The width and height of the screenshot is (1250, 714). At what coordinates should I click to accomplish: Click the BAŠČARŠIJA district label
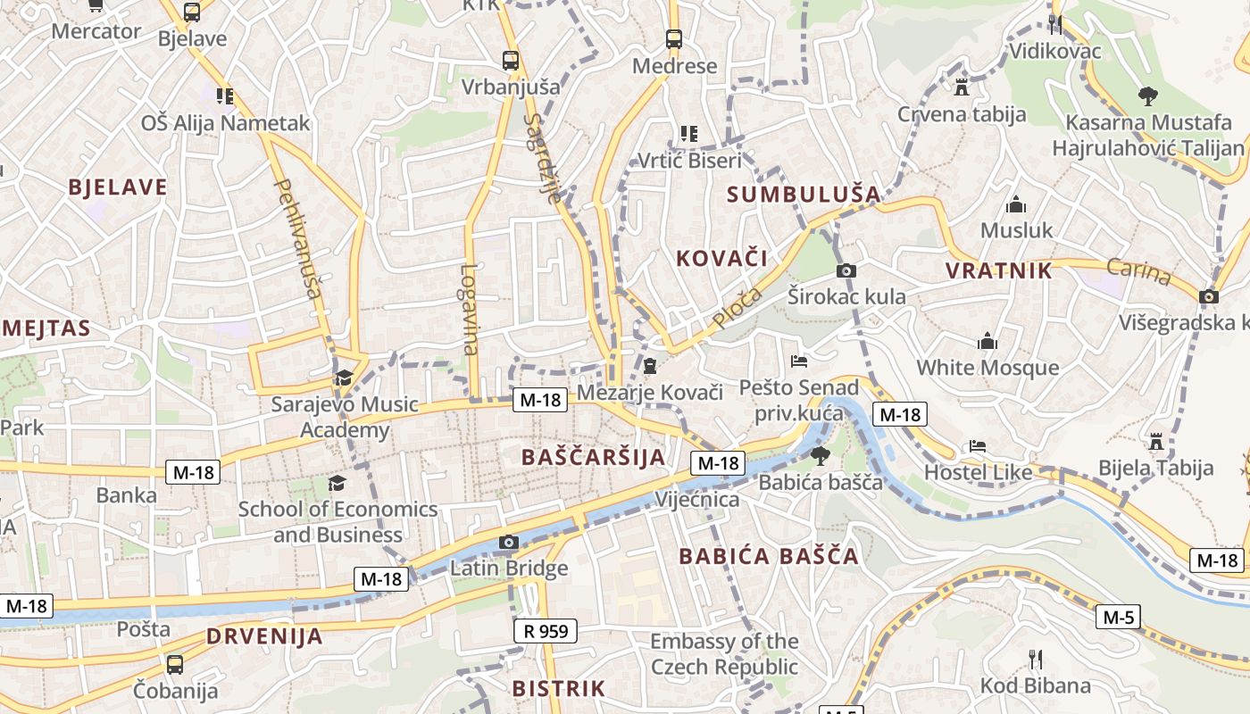[593, 457]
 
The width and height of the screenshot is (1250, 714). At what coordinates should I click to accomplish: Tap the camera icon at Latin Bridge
[509, 542]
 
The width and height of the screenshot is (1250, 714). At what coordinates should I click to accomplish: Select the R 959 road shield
[546, 631]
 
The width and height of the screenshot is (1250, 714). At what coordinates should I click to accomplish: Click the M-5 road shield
[1118, 617]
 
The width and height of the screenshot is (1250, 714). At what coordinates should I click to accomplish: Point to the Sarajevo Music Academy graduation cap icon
[344, 378]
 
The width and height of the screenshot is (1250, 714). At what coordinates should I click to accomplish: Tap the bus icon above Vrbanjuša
[511, 61]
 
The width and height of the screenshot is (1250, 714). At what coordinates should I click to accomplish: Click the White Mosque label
[987, 367]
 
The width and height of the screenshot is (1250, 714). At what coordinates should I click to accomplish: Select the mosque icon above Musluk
[1016, 205]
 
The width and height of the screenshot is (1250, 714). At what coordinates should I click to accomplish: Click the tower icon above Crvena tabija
[962, 87]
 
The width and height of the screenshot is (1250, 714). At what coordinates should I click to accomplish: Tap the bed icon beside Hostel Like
[978, 445]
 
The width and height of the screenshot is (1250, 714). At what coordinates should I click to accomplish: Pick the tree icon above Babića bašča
[820, 456]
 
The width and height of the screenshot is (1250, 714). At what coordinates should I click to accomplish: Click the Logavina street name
[470, 309]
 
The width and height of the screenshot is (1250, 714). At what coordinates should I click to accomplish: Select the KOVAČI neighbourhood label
[721, 259]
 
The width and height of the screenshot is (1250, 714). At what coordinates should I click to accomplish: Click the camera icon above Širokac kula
[846, 270]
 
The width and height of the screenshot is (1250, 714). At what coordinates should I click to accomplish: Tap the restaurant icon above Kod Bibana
[1036, 660]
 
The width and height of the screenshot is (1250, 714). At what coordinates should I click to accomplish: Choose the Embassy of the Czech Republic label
[724, 653]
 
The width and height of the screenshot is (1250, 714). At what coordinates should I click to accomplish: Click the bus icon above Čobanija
[175, 664]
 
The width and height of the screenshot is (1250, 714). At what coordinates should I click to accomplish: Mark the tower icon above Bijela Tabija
[1156, 442]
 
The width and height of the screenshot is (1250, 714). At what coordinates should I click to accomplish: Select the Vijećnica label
[697, 499]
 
